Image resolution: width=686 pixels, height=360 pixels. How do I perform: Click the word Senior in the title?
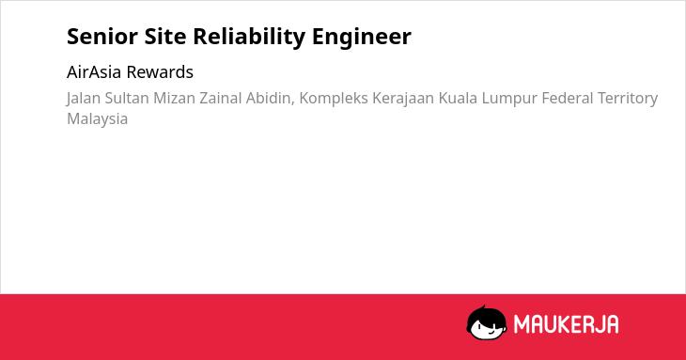[x=102, y=37]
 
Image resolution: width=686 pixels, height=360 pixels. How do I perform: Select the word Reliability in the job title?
[x=249, y=38]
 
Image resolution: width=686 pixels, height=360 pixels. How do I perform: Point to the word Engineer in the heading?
[x=362, y=38]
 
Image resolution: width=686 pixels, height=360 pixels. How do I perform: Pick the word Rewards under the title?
[x=160, y=72]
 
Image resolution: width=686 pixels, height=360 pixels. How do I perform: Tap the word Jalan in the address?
[x=84, y=99]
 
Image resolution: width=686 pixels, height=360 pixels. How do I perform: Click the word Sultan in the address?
[x=127, y=98]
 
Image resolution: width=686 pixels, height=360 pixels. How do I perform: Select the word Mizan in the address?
[x=174, y=98]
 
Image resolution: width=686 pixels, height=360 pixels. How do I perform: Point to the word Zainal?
[x=221, y=98]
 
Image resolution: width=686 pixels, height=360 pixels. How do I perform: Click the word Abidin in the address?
[x=270, y=99]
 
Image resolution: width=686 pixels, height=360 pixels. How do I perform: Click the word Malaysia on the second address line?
[x=97, y=119]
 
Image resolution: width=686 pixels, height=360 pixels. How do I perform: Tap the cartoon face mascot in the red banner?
[x=487, y=323]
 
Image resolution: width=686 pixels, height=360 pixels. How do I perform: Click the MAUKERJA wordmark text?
[x=566, y=324]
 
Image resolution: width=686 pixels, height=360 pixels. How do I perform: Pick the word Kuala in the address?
[x=458, y=98]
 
